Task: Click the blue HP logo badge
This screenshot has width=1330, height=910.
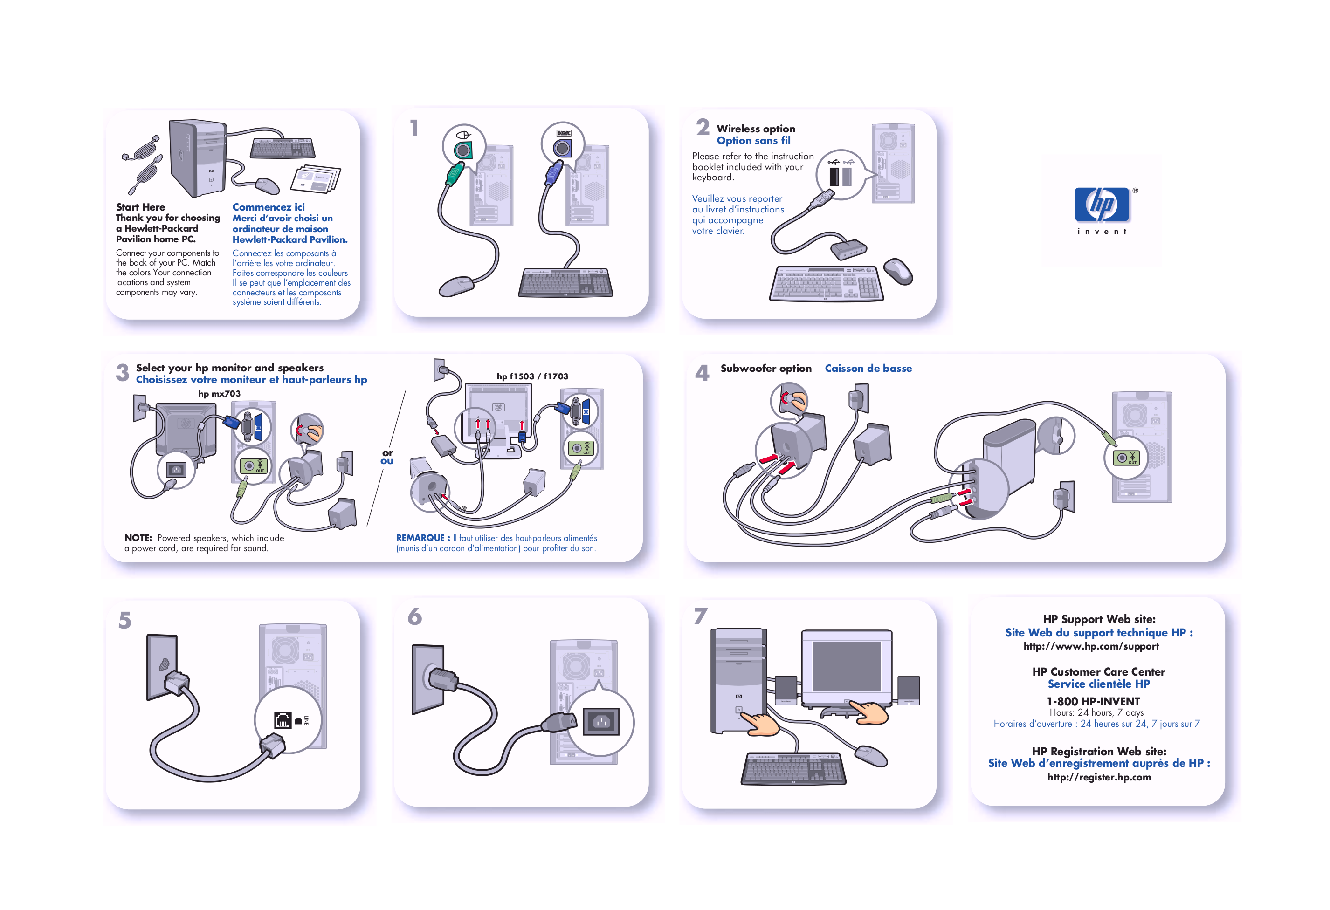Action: [1101, 205]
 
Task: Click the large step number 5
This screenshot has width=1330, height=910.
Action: [125, 621]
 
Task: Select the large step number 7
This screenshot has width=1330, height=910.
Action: [701, 616]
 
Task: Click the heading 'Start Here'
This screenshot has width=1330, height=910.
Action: [140, 207]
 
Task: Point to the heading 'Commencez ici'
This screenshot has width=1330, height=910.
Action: [269, 207]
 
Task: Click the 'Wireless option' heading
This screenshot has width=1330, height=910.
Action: [755, 129]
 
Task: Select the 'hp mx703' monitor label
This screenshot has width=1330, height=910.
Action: [219, 394]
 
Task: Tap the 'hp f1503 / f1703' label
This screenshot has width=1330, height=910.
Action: [532, 376]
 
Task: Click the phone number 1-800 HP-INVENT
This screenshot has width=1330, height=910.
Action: [1093, 701]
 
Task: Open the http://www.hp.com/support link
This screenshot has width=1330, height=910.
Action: [1091, 646]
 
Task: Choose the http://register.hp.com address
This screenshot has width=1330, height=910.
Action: [1099, 777]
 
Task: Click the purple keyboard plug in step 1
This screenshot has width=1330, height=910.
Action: [551, 174]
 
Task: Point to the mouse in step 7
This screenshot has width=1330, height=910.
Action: [871, 756]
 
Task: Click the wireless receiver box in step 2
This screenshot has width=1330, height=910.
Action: [849, 249]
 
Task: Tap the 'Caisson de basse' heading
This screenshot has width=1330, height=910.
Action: [868, 369]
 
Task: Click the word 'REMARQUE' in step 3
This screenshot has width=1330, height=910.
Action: [420, 538]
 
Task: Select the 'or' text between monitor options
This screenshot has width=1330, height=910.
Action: [387, 453]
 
